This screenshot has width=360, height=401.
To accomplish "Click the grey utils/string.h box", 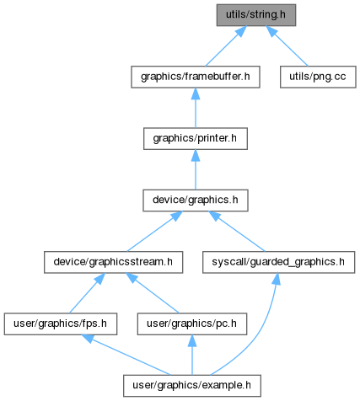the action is pos(256,15).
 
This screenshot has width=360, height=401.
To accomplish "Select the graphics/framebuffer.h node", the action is pos(196,77).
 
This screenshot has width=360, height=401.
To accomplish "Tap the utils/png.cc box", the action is pos(318,77).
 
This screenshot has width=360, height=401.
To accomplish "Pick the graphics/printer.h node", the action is pos(196,139).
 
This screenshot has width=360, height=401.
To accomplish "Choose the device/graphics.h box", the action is pos(196,200).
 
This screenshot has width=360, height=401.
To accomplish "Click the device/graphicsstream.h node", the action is pos(113,262).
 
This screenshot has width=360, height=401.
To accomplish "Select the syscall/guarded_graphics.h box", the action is pos(278,262).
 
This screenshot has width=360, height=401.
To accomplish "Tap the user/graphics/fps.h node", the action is pos(61,324).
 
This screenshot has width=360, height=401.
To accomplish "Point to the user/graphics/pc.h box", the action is pos(192,324).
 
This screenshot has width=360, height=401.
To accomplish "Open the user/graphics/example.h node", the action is pos(192,386).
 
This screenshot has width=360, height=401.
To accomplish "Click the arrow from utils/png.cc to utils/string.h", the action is pos(287,46).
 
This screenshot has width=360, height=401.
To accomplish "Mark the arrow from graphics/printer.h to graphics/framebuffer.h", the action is pos(196,108).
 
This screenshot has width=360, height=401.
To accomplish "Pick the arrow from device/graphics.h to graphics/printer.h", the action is pos(196,169).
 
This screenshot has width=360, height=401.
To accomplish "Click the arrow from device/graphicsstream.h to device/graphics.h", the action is pos(154,232).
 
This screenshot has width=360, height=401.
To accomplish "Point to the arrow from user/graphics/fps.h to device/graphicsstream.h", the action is pos(87,293).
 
